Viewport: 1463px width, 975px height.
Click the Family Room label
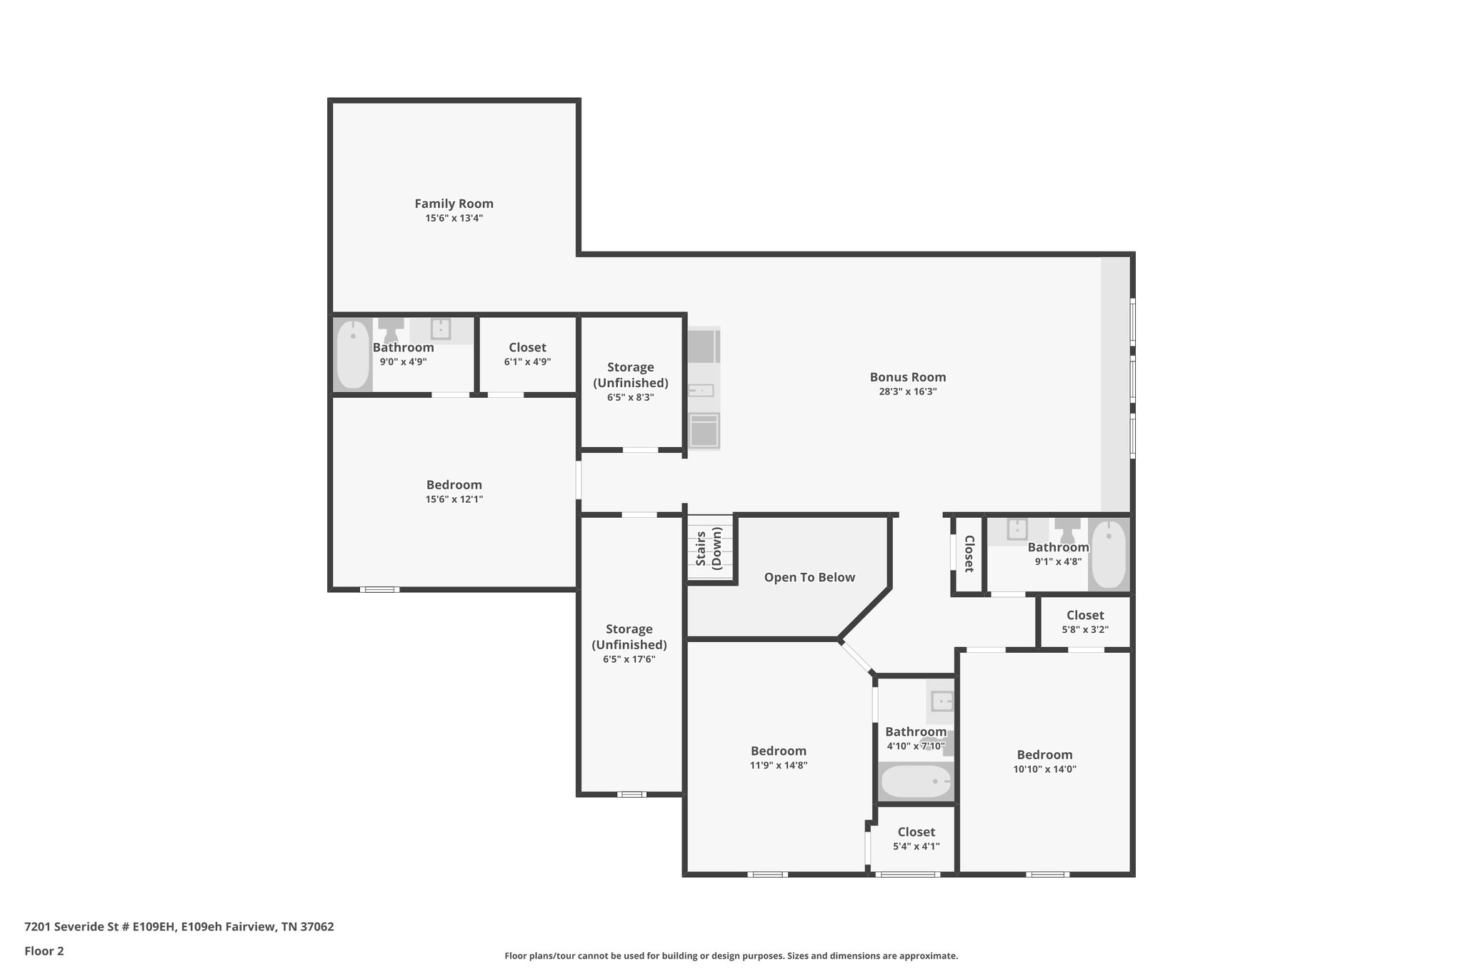pyautogui.click(x=454, y=204)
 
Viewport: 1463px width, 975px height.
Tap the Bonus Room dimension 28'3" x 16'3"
pyautogui.click(x=907, y=392)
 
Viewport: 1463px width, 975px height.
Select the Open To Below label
pyautogui.click(x=809, y=577)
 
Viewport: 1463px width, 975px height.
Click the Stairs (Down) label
pyautogui.click(x=709, y=548)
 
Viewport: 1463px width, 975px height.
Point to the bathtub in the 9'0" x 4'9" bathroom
pyautogui.click(x=353, y=355)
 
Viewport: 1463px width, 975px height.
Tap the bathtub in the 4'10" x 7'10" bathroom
pyautogui.click(x=916, y=782)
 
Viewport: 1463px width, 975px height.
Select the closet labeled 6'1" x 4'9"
pyautogui.click(x=527, y=354)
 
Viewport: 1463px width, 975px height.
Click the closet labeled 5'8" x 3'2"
pyautogui.click(x=1084, y=622)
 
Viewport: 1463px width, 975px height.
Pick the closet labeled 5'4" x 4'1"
pyautogui.click(x=916, y=839)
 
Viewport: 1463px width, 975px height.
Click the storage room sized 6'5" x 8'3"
pyautogui.click(x=630, y=381)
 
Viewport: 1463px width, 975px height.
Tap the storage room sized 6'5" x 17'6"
pyautogui.click(x=629, y=643)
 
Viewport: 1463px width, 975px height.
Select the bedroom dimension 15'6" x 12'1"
pyautogui.click(x=454, y=500)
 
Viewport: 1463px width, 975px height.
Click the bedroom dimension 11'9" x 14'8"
pyautogui.click(x=779, y=766)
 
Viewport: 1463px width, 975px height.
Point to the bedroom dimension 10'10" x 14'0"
pyautogui.click(x=1044, y=769)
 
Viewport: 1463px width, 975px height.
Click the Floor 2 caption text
pyautogui.click(x=44, y=951)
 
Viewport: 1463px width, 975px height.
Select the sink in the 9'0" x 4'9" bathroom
pyautogui.click(x=440, y=329)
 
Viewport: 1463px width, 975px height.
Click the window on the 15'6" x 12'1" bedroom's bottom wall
pyautogui.click(x=379, y=589)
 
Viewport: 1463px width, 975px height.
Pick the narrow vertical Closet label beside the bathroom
pyautogui.click(x=969, y=554)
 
